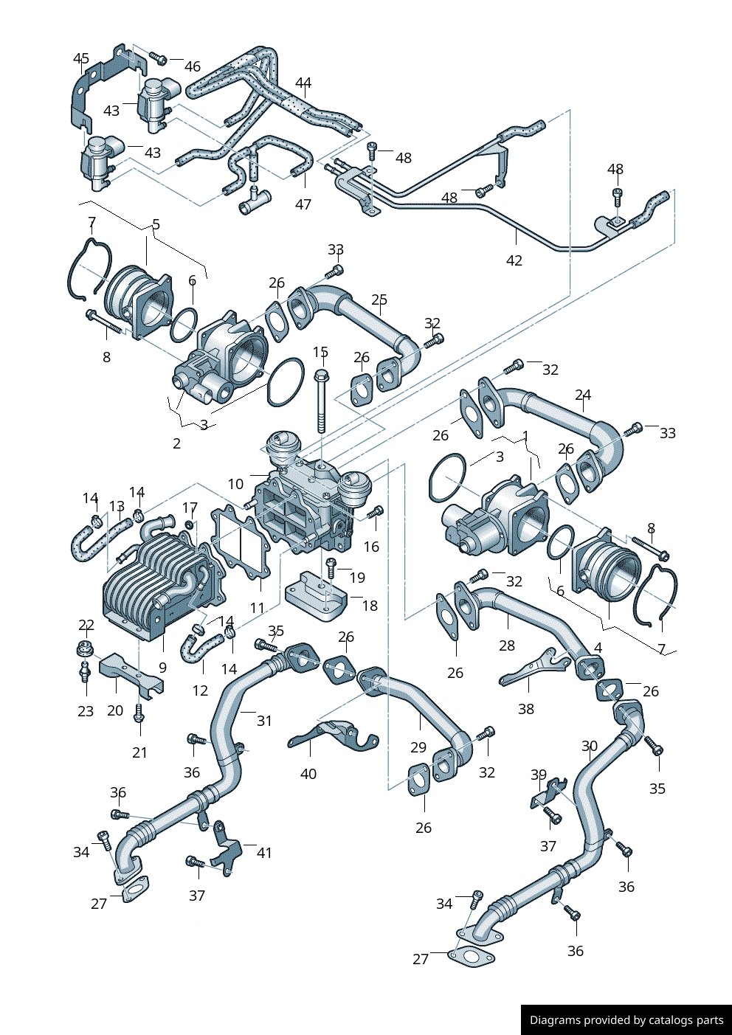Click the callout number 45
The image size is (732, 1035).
81,58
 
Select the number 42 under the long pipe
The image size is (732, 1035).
514,260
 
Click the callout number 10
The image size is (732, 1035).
235,484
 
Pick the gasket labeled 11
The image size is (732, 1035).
242,542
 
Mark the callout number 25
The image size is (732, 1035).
379,300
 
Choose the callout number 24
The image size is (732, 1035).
583,395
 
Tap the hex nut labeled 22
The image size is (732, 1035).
85,650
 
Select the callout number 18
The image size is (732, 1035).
370,606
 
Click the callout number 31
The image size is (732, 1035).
264,721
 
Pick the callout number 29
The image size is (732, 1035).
418,747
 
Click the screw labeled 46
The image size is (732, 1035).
157,58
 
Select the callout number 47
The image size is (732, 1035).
303,204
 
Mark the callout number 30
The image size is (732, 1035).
590,746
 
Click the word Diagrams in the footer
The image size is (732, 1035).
555,1020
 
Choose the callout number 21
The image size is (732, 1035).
139,752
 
